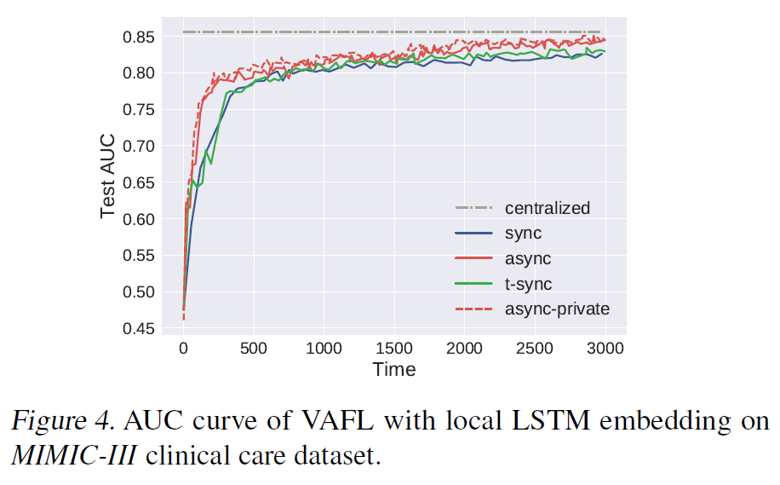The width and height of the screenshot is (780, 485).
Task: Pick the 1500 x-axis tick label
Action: coord(394,348)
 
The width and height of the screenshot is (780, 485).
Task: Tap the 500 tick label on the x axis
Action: coord(254,348)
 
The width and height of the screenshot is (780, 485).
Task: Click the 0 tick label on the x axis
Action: coord(183,348)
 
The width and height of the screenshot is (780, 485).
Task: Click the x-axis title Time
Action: coord(394,369)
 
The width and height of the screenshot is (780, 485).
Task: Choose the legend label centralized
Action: coord(547,208)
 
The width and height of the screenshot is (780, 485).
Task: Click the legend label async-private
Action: coord(557,309)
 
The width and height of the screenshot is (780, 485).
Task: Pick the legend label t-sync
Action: coord(529,284)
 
